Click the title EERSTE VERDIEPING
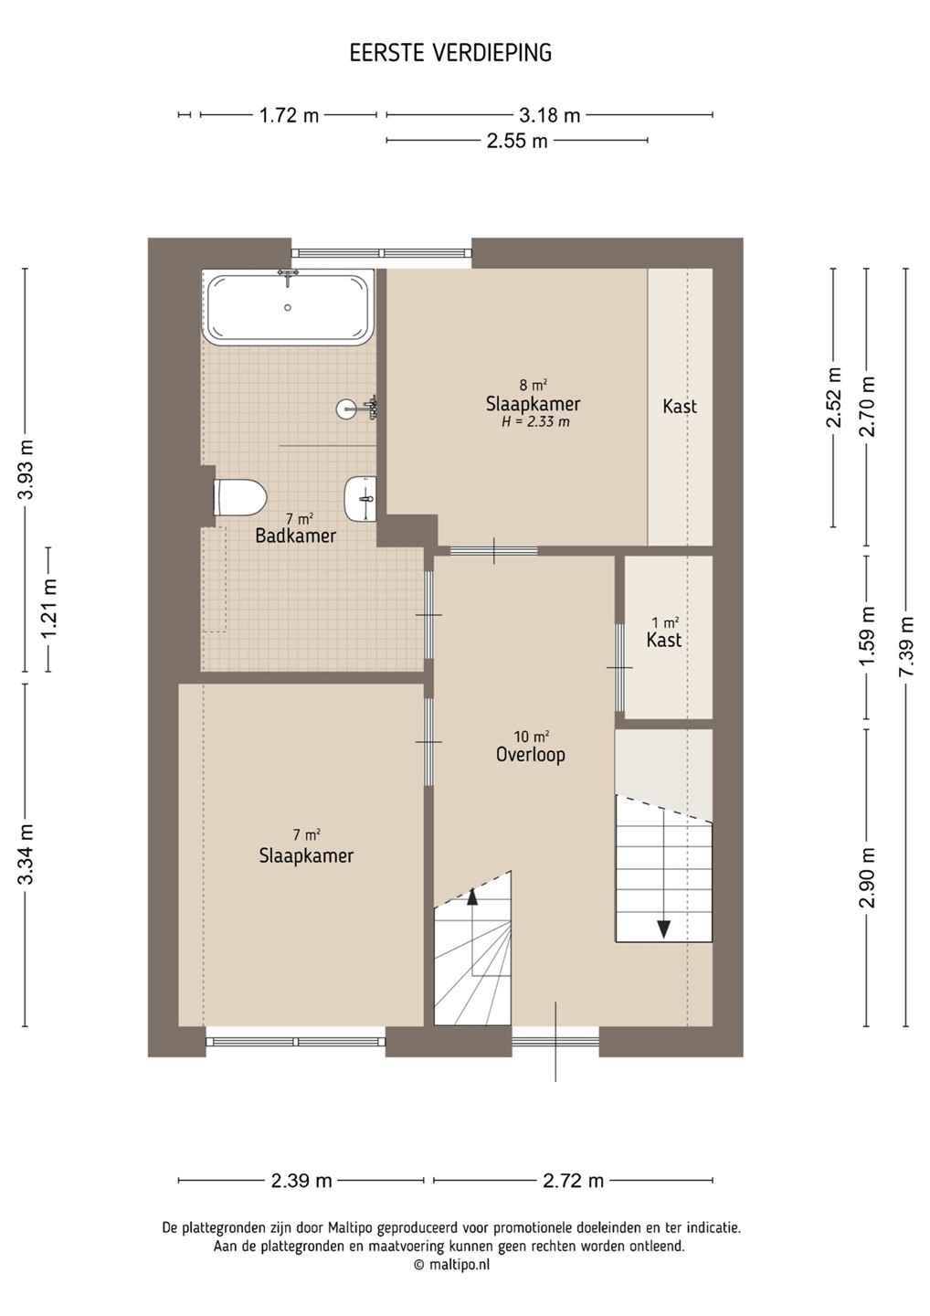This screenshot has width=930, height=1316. pos(450,53)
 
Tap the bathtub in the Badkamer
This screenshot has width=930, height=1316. pos(288,307)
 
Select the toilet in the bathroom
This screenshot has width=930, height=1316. pos(239,497)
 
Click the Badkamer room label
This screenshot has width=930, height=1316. pos(296,536)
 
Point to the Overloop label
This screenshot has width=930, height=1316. pos(531,754)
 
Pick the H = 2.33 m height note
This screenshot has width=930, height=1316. pos(535,422)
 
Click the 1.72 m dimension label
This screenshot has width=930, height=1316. pos(289,115)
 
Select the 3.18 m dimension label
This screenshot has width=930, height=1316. pos(550,115)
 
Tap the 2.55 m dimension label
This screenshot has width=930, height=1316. pos(517,141)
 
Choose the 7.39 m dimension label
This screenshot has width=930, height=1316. pos(906,645)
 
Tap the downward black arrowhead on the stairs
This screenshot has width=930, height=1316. pos(663,929)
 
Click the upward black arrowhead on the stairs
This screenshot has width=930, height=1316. pos(471,896)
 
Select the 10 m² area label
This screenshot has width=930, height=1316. pos(532,737)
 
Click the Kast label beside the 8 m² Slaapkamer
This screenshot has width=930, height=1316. pos(680,406)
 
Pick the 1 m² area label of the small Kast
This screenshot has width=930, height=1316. pos(665,622)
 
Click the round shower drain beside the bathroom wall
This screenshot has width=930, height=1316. pos(345,409)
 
